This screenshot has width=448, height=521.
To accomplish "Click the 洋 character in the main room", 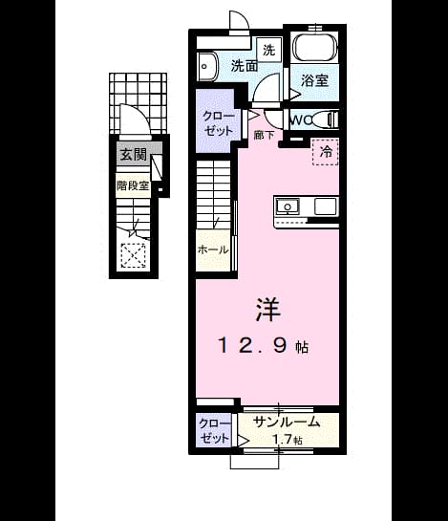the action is point(268,310).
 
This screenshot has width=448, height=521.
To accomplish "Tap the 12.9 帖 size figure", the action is point(263,345).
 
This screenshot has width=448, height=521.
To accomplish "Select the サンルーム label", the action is point(287,422).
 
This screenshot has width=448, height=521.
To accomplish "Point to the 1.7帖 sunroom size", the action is point(288,440).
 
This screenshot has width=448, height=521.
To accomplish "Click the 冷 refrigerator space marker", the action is point(326,152).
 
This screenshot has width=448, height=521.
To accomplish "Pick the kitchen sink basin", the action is point(288,206).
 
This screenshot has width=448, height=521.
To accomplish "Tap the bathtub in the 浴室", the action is point(314,48).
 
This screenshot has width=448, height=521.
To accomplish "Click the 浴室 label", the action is point(314,80).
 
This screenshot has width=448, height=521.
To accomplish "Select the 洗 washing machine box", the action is point(269,50).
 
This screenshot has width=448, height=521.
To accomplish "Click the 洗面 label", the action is point(245,66).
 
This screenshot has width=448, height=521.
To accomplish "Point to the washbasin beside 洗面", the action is point(207,66).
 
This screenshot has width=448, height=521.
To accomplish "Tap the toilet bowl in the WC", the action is point(325,119).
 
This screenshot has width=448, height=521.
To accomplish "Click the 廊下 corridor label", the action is point(264,135).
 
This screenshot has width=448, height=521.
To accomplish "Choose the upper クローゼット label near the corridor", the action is point(219,123).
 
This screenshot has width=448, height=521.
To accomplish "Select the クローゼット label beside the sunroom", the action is point(214,431).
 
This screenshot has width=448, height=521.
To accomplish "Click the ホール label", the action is point(213,250).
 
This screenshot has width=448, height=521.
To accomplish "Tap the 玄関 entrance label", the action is point(133,154).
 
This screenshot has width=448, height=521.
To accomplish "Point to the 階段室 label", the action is point(133,185).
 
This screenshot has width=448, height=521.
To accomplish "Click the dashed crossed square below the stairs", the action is point(133,255).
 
